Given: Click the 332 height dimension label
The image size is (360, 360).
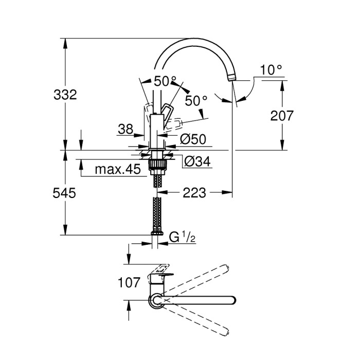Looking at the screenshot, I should click(65, 95).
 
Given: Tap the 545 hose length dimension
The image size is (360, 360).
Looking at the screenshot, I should click(65, 193).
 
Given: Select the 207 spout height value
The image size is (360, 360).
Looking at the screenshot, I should click(282, 116).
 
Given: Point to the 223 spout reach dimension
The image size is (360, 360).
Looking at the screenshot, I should click(194, 193).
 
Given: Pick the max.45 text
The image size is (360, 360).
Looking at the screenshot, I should click(118, 170).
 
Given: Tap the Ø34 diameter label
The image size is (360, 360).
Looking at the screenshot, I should click(197, 161).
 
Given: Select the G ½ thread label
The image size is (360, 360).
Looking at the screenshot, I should click(181, 237).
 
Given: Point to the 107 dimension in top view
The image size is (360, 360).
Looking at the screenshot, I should click(129, 282).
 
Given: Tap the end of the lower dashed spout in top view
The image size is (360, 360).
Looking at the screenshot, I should click(225, 332).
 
